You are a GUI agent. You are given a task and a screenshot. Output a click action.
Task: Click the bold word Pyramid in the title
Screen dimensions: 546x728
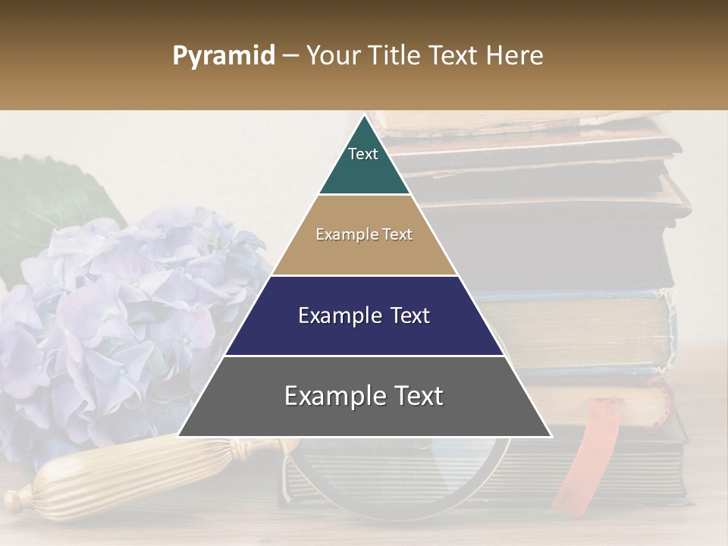pos(223,56)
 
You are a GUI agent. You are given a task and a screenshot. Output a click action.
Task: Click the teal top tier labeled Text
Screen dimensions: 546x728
pos(363,163)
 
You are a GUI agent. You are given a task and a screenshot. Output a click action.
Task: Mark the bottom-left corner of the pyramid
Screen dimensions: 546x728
pos(177,437)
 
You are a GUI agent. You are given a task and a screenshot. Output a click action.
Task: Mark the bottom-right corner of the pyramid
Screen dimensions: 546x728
pos(551,437)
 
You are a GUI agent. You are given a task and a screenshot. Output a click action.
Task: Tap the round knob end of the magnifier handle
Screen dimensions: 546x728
pos(14,501)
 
